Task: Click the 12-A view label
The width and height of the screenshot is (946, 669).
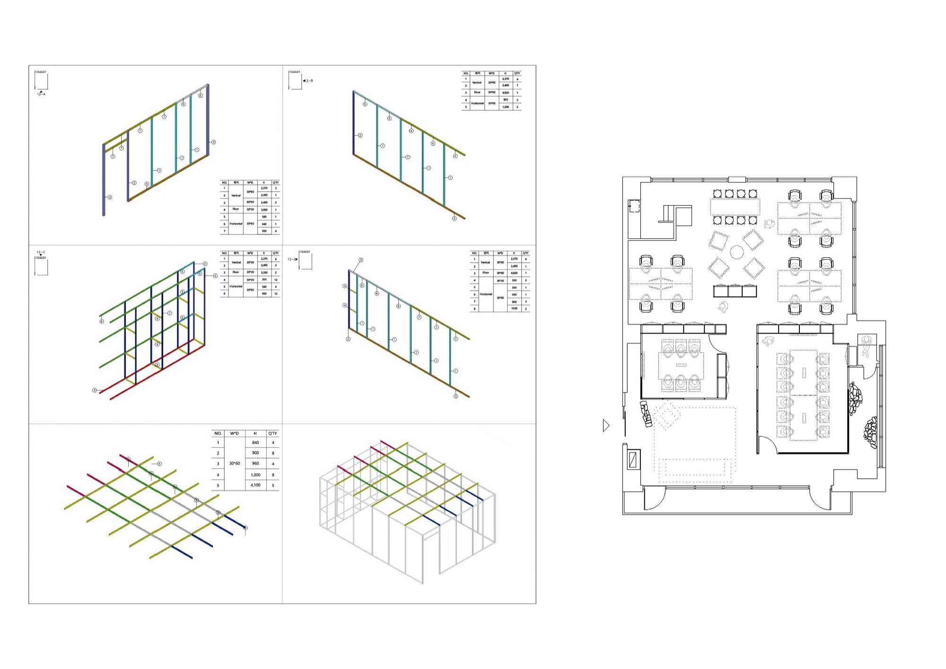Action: tap(41, 95)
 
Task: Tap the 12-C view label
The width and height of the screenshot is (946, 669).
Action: tap(41, 252)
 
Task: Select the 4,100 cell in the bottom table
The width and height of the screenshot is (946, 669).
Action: tap(255, 485)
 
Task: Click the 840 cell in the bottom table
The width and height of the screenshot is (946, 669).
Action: tap(255, 443)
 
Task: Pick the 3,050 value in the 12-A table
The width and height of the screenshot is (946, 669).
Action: tap(264, 210)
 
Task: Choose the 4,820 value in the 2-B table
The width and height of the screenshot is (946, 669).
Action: tap(506, 93)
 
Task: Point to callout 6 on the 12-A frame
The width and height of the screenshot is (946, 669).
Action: tap(201, 96)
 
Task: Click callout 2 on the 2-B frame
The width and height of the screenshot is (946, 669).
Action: tap(360, 135)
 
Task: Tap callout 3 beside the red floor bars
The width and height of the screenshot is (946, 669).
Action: tap(95, 390)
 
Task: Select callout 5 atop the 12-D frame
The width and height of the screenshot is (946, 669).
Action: tap(361, 260)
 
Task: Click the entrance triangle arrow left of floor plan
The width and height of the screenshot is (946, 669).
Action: tap(606, 426)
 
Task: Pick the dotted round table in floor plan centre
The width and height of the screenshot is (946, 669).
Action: tap(736, 252)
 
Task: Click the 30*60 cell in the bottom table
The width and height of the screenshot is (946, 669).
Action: tap(234, 464)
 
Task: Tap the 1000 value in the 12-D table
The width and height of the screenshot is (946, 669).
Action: tap(514, 308)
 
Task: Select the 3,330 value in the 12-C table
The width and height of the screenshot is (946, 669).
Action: tap(264, 273)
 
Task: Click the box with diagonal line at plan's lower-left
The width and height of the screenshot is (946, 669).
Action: tap(633, 459)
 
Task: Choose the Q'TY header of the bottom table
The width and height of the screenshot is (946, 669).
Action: tap(273, 433)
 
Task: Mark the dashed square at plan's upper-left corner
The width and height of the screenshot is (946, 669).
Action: tap(634, 206)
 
